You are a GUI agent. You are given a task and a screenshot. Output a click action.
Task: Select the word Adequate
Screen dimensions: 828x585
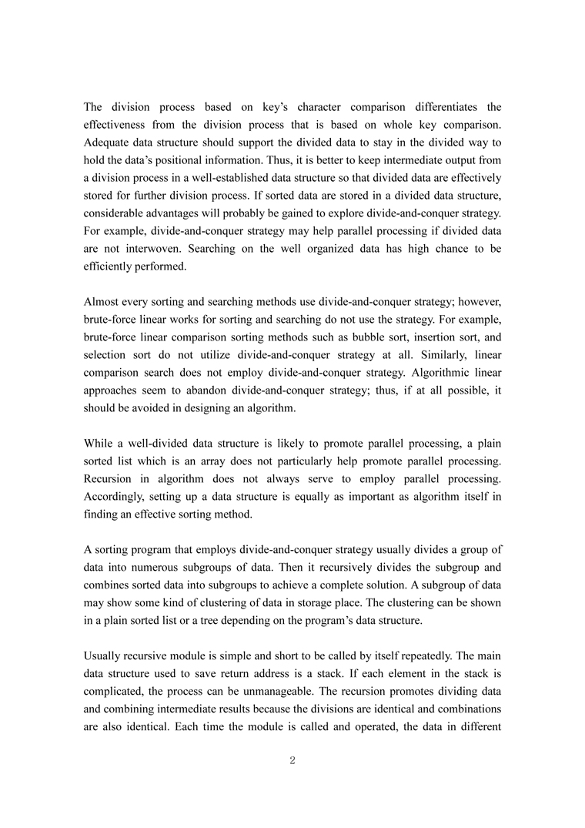pyautogui.click(x=109, y=143)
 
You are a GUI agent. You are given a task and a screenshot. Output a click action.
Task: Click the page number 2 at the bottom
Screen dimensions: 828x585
pyautogui.click(x=292, y=761)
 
